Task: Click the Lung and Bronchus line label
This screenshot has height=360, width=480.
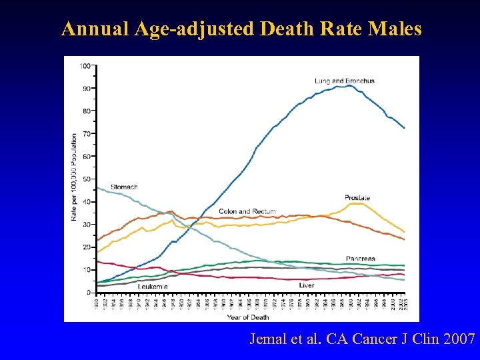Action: [x=345, y=81]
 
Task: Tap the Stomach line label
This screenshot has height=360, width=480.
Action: [x=124, y=187]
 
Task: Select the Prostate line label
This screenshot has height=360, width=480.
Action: [x=357, y=198]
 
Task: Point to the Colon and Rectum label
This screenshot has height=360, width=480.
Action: [x=247, y=211]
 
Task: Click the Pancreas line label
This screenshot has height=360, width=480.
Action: [x=361, y=259]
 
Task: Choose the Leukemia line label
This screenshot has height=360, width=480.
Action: [x=153, y=286]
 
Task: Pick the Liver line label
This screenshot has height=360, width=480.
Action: [x=306, y=285]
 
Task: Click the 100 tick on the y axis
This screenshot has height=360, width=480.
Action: [x=86, y=66]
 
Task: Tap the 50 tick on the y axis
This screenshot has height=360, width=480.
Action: [x=87, y=179]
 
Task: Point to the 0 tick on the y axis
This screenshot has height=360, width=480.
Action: [x=89, y=293]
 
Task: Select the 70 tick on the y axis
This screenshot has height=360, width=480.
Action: [x=87, y=134]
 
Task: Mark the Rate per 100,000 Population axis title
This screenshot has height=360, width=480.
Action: [x=74, y=177]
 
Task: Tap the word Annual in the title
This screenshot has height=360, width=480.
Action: [x=93, y=29]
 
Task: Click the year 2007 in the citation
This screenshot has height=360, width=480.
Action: [x=458, y=339]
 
